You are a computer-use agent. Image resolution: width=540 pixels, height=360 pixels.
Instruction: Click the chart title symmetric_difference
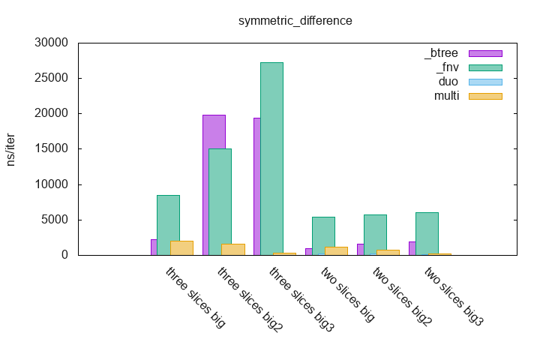(x=295, y=20)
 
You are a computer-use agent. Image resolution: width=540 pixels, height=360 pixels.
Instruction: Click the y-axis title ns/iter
(x=11, y=148)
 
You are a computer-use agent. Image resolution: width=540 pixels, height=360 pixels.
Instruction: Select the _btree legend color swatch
(x=484, y=53)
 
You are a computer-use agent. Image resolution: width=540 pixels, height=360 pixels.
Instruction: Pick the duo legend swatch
(x=484, y=82)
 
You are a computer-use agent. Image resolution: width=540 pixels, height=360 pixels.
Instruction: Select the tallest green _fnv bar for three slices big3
(x=271, y=158)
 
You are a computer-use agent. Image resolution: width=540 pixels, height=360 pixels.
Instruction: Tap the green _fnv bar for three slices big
(x=168, y=225)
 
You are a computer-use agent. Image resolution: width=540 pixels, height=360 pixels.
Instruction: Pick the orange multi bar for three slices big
(x=181, y=248)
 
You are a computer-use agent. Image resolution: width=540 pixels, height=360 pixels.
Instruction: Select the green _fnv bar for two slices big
(x=323, y=235)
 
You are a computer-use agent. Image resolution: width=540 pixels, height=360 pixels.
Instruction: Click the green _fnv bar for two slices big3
(x=427, y=233)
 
